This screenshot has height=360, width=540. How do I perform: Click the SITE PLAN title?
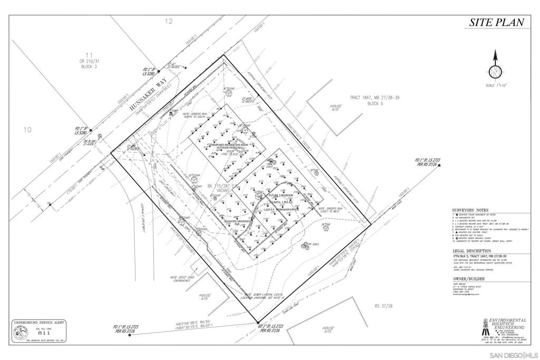[497, 22]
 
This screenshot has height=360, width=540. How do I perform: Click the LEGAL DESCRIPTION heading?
[472, 251]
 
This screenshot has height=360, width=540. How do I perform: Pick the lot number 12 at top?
[169, 22]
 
